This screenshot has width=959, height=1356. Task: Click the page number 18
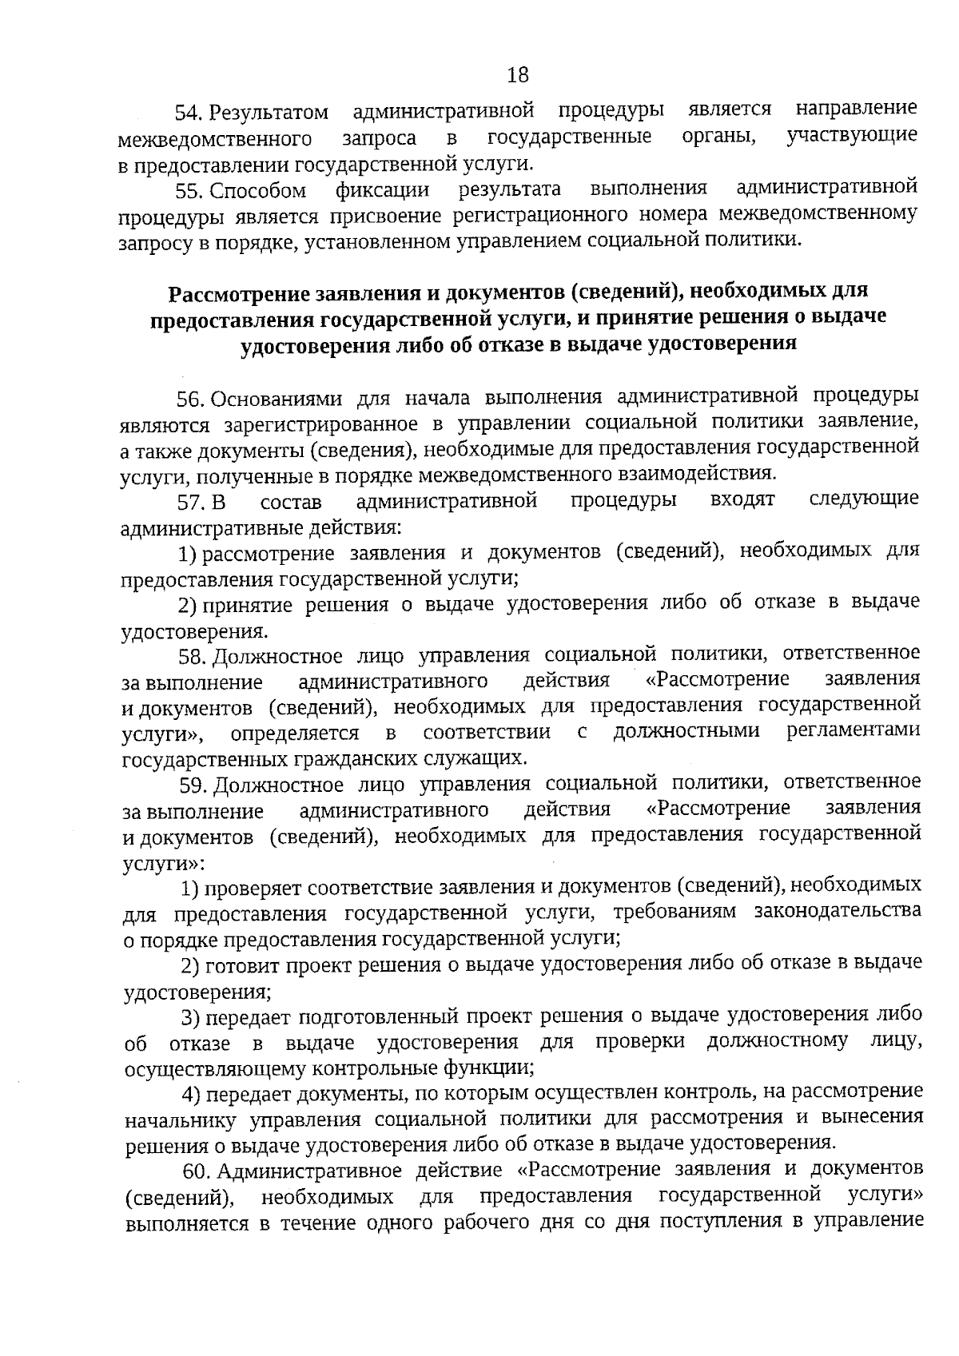click(x=518, y=75)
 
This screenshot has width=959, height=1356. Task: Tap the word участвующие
click(x=852, y=135)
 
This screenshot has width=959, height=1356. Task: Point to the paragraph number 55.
click(x=191, y=191)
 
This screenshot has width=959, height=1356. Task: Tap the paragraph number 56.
click(x=192, y=398)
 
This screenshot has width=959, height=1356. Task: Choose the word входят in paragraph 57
click(x=742, y=500)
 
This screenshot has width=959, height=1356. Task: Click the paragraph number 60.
click(x=197, y=1171)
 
